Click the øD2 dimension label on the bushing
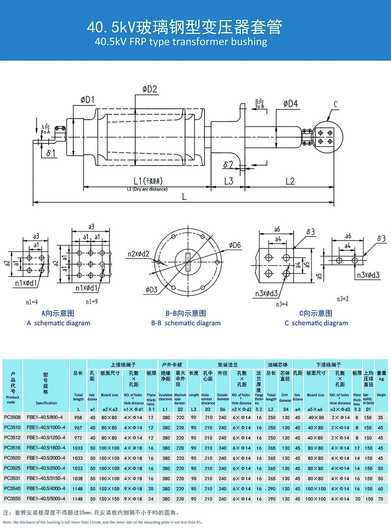(150, 89)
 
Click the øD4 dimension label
(291, 104)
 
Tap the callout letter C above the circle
(335, 104)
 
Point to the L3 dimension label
(228, 181)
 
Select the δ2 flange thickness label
(228, 165)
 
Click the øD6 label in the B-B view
(235, 246)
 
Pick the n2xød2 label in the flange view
(138, 254)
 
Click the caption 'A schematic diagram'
(59, 323)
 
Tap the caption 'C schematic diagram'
(316, 323)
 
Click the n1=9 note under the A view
(91, 302)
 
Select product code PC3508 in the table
(12, 417)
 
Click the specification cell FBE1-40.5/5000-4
(46, 499)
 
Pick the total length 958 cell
(78, 417)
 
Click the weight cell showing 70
(380, 499)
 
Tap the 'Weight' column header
(381, 395)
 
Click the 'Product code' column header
(12, 399)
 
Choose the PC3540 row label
(12, 489)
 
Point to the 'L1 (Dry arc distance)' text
(147, 189)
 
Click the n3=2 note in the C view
(343, 299)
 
